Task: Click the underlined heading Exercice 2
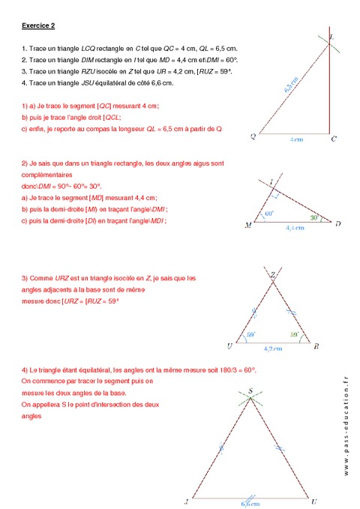pos(38,25)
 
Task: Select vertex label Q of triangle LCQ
pos(253,136)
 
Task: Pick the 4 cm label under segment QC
pos(297,140)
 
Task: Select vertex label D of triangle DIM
pos(338,223)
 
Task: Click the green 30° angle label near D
pos(316,218)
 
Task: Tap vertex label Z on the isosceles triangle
pos(274,274)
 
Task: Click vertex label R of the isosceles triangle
pos(316,346)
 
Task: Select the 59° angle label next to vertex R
pos(295,334)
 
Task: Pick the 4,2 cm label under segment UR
pos(274,348)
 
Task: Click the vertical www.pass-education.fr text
pos(346,424)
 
